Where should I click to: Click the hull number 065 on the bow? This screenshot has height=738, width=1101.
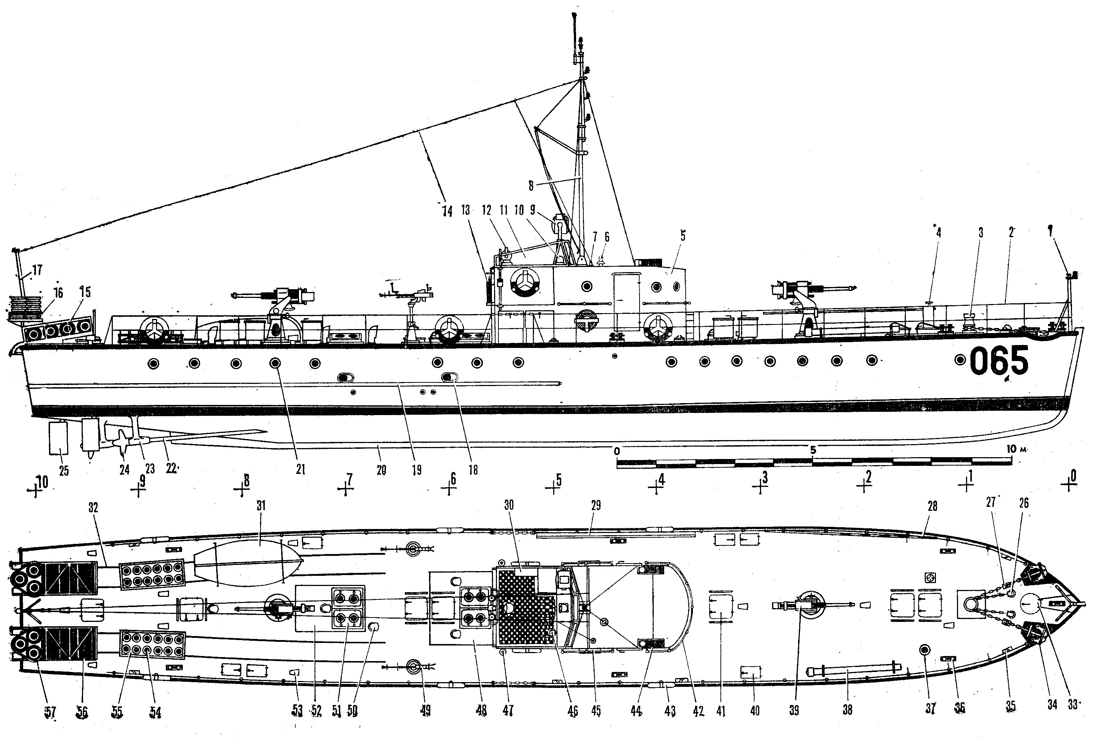pyautogui.click(x=999, y=361)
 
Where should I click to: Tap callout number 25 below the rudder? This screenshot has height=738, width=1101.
pyautogui.click(x=63, y=470)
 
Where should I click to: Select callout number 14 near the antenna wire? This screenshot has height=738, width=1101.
pyautogui.click(x=447, y=211)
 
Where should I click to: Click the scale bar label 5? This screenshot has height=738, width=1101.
pyautogui.click(x=813, y=450)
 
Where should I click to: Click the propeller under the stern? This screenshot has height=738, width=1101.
pyautogui.click(x=123, y=440)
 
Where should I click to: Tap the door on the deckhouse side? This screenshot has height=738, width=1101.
pyautogui.click(x=626, y=301)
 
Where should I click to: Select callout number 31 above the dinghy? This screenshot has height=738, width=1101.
pyautogui.click(x=261, y=506)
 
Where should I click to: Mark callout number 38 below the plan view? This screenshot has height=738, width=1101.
pyautogui.click(x=847, y=710)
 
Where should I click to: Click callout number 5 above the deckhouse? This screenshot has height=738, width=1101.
pyautogui.click(x=683, y=236)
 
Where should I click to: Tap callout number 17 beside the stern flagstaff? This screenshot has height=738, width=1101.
pyautogui.click(x=37, y=270)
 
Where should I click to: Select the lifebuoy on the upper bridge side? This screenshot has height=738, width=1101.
pyautogui.click(x=525, y=282)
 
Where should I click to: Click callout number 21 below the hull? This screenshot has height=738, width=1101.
pyautogui.click(x=300, y=469)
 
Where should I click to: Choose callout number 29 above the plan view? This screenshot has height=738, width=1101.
pyautogui.click(x=596, y=506)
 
